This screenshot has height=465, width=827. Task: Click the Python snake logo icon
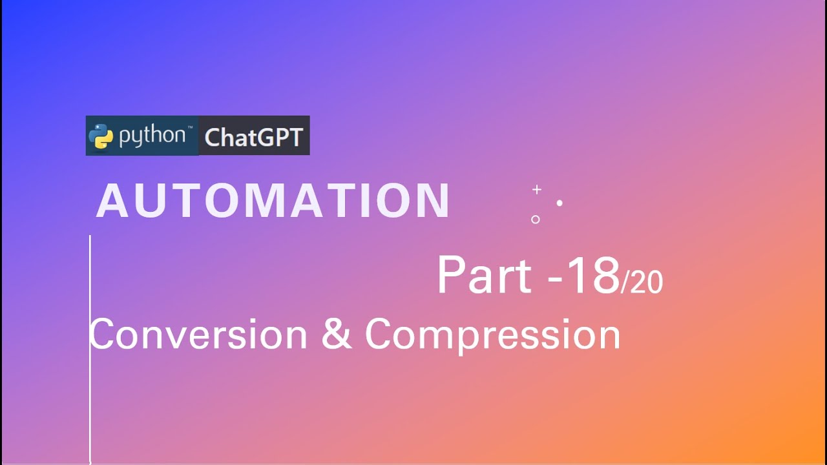tap(101, 136)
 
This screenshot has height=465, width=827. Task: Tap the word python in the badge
tap(152, 136)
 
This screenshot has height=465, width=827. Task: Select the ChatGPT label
tap(253, 137)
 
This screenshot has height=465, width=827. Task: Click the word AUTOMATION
tap(273, 201)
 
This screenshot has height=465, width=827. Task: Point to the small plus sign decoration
tap(536, 189)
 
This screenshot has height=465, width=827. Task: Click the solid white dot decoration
tap(560, 203)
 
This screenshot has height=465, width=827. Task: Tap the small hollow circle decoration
tap(535, 220)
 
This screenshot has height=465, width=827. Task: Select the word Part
tap(483, 276)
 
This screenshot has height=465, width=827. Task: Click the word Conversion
tap(198, 335)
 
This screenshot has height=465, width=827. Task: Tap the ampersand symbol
tap(336, 335)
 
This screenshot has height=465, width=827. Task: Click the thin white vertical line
tap(90, 387)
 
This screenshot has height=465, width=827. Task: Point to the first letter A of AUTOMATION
tap(112, 201)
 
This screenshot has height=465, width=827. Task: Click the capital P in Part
tap(451, 276)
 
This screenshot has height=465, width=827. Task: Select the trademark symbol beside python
tap(189, 129)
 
